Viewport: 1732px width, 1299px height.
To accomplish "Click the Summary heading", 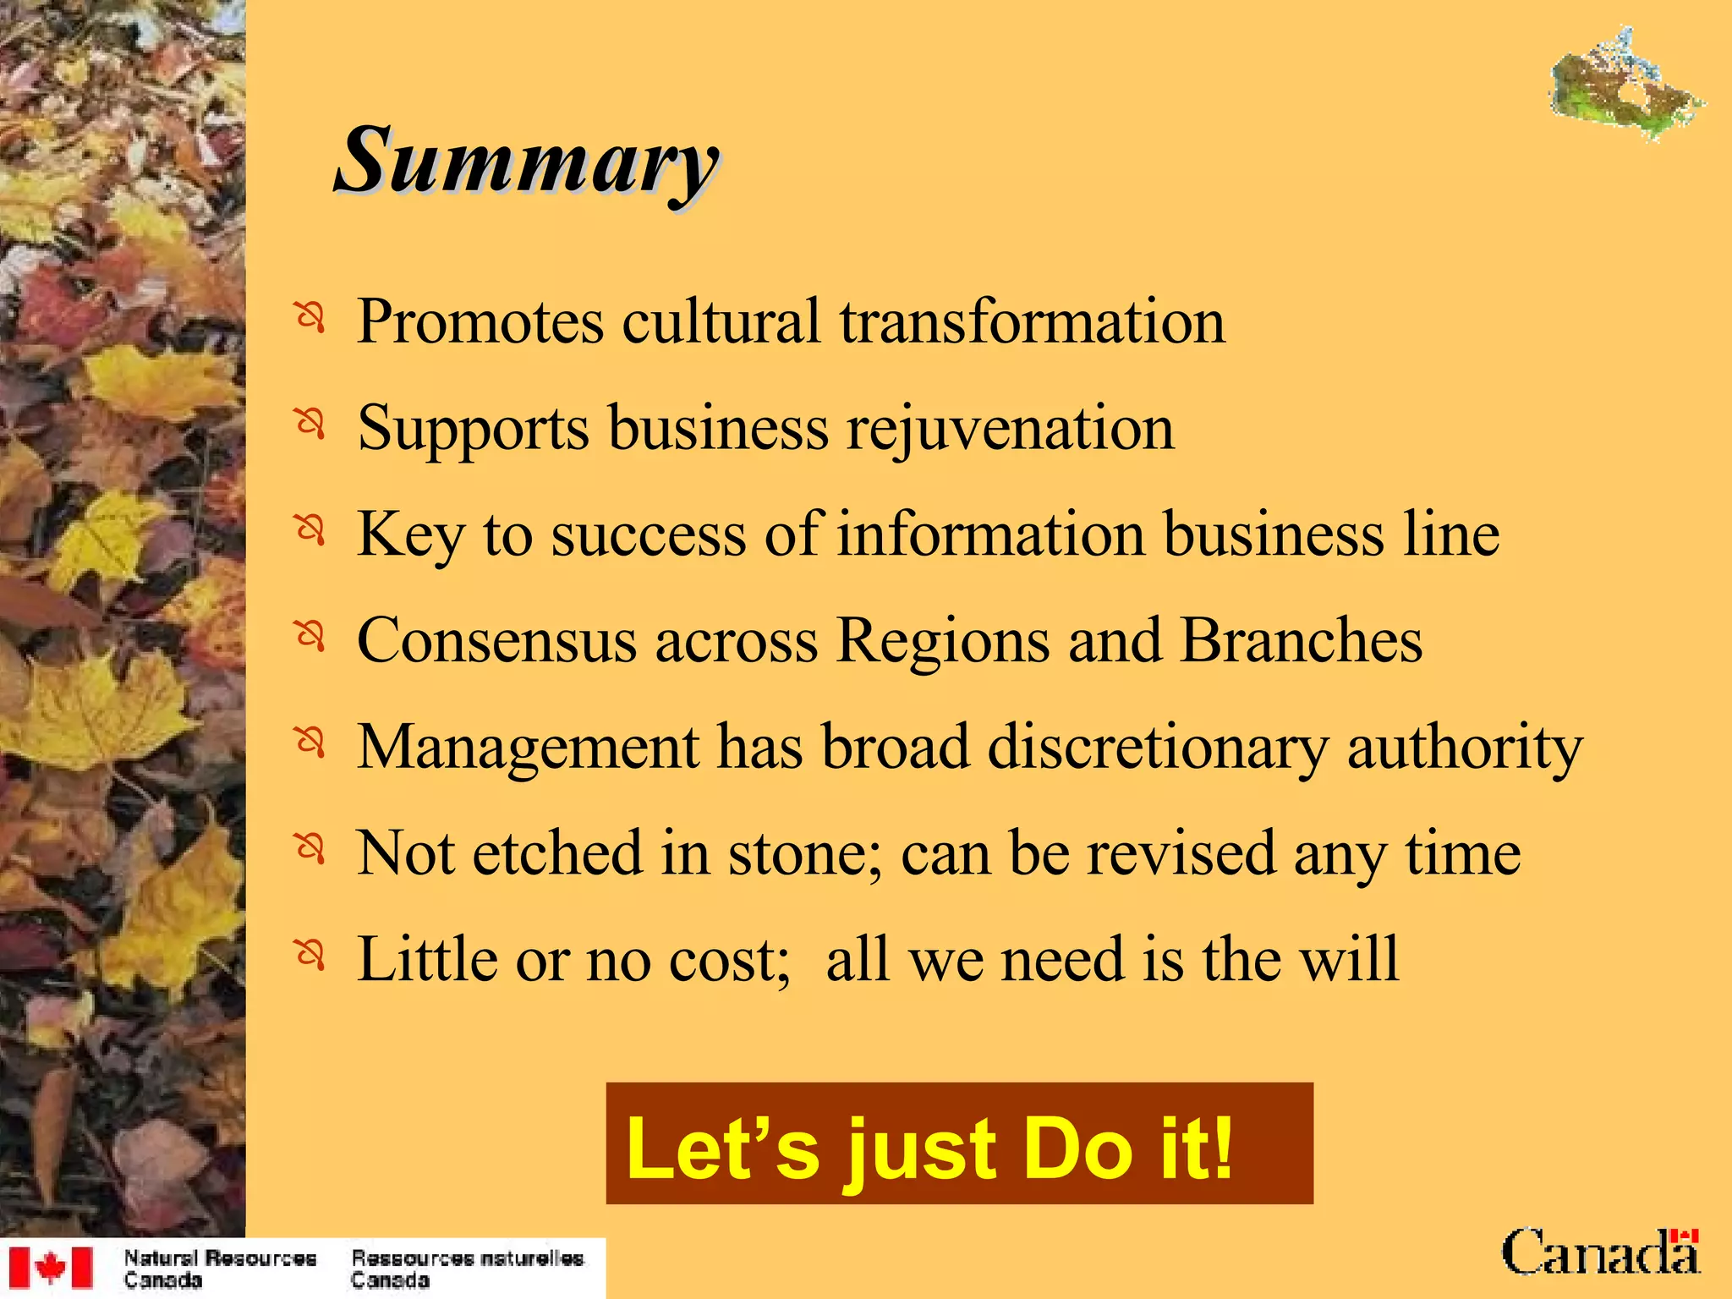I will pyautogui.click(x=526, y=161).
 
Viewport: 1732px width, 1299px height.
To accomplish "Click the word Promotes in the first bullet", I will pyautogui.click(x=480, y=322).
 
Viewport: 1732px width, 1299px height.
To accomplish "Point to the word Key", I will pyautogui.click(x=410, y=535).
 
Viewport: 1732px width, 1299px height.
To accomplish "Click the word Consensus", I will pyautogui.click(x=496, y=640).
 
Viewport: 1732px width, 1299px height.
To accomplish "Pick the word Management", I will pyautogui.click(x=528, y=748).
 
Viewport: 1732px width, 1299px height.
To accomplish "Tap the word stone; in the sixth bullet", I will pyautogui.click(x=804, y=852).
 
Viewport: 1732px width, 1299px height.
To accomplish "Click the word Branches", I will pyautogui.click(x=1301, y=640).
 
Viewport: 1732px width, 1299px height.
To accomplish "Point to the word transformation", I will pyautogui.click(x=1032, y=322).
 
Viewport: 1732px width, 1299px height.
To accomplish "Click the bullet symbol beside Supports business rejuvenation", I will pyautogui.click(x=310, y=422).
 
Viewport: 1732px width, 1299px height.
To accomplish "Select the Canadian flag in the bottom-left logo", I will pyautogui.click(x=51, y=1268).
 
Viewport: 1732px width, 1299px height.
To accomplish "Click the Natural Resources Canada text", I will pyautogui.click(x=220, y=1269).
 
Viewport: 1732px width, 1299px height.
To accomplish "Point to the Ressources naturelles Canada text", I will pyautogui.click(x=467, y=1269).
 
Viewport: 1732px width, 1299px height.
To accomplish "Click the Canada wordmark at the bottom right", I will pyautogui.click(x=1600, y=1253).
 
